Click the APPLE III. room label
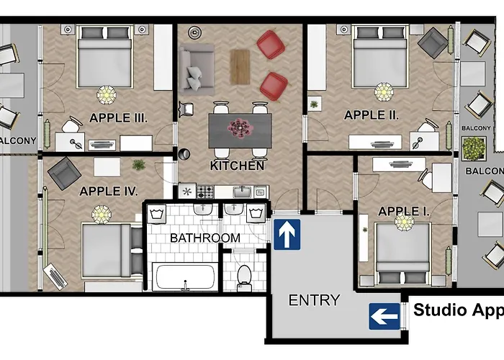tap(119, 117)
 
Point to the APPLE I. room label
tap(404, 211)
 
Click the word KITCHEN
tap(237, 166)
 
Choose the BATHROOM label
tap(204, 238)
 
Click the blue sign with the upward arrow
tap(287, 235)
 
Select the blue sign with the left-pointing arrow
tap(384, 315)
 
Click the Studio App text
tap(457, 311)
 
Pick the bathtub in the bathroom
tap(185, 277)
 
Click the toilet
tap(244, 275)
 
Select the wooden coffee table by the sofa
tap(240, 66)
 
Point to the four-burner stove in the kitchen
tap(205, 192)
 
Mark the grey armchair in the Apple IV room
tap(65, 173)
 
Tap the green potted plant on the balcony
tap(474, 148)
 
